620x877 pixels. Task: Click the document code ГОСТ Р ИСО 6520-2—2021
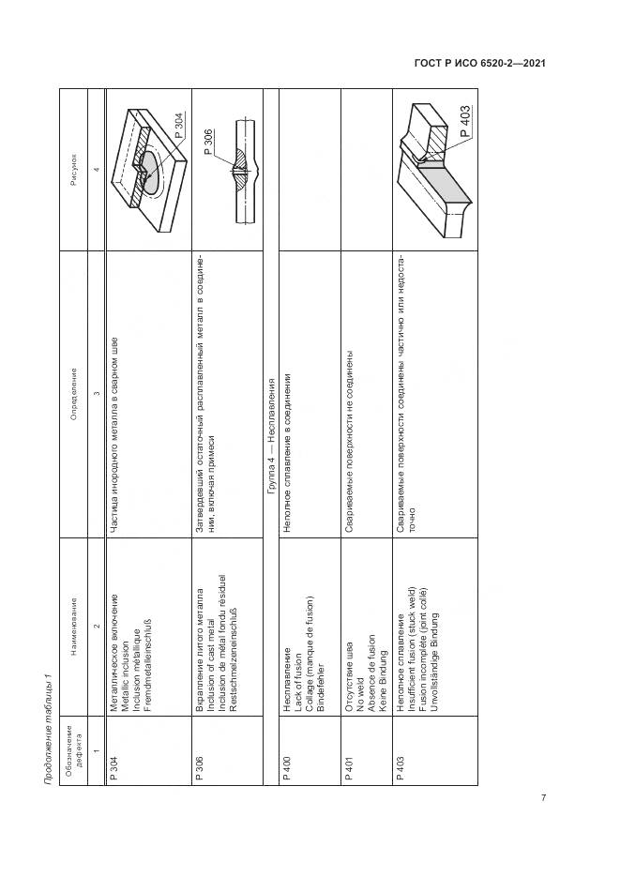pos(479,64)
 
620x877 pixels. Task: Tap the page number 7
pos(543,798)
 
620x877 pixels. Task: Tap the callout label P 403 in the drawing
pos(464,123)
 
